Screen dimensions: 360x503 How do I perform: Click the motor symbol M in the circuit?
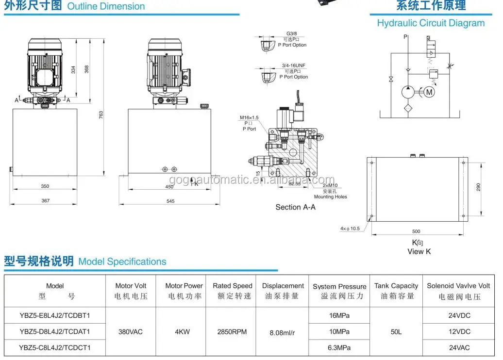coord(428,92)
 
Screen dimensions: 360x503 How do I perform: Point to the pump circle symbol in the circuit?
coord(409,92)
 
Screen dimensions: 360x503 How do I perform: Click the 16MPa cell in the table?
coord(339,315)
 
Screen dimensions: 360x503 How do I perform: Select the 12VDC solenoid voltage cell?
coord(459,332)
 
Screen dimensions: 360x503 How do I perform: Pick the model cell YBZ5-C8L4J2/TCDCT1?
coord(55,347)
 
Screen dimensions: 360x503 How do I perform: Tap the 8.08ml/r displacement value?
coord(283,332)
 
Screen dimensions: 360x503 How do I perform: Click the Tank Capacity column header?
coord(396,291)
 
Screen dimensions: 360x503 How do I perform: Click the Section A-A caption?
coord(295,207)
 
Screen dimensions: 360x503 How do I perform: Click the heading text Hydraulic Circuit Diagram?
coord(431,23)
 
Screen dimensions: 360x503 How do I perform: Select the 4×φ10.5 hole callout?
coord(350,229)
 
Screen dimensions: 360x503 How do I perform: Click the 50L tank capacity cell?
coord(396,332)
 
